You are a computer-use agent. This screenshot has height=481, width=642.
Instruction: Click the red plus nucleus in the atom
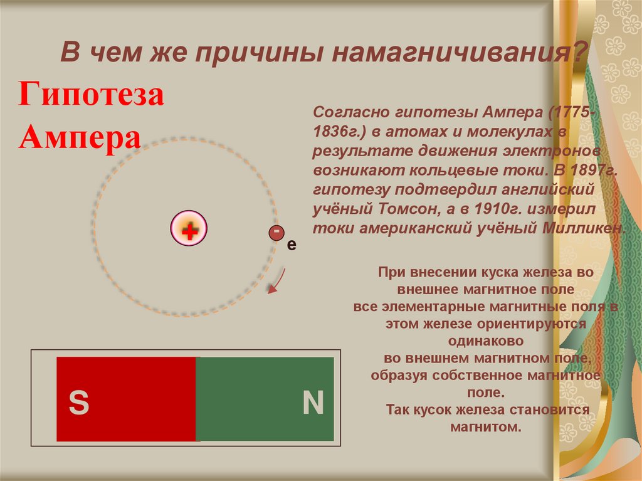pos(189,231)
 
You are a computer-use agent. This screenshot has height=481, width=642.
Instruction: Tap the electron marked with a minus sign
pos(276,233)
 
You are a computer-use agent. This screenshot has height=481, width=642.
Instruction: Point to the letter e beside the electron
pos(290,245)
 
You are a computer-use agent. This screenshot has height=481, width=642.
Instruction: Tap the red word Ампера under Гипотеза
pos(79,136)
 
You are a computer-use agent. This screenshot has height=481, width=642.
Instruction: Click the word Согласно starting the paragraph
pos(352,113)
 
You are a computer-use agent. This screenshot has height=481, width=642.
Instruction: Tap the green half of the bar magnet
pos(265,398)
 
